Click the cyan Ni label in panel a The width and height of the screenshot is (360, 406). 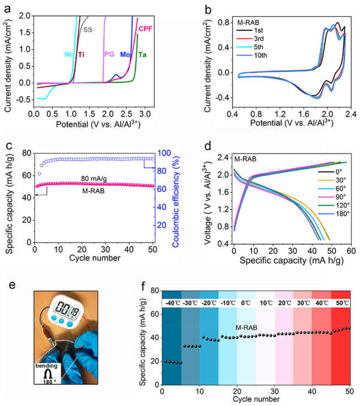[x=68, y=55]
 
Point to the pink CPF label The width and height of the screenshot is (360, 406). [x=145, y=29]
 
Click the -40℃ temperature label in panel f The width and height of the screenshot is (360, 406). [x=171, y=302]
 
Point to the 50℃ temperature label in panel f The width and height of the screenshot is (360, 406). [x=341, y=302]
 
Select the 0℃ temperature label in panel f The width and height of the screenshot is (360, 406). [x=247, y=302]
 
